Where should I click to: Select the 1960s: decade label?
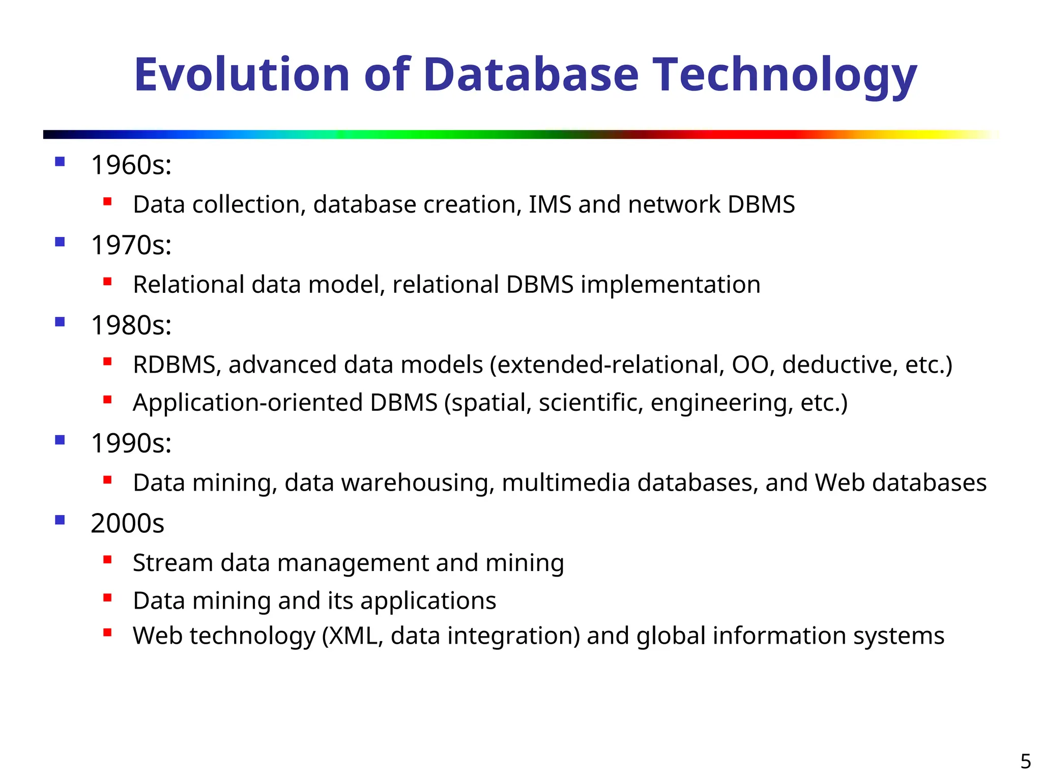pos(131,165)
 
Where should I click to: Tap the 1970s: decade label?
pos(131,245)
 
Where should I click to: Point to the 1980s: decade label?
pos(131,325)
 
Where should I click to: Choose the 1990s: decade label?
pos(131,443)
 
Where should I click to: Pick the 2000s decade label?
pos(127,523)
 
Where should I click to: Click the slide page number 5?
pos(1026,762)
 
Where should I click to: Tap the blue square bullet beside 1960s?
pos(60,162)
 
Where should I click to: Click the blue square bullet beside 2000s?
pos(60,520)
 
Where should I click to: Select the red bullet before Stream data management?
pos(107,560)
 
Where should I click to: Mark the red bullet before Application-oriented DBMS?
pos(107,400)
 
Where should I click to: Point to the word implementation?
pos(671,285)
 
